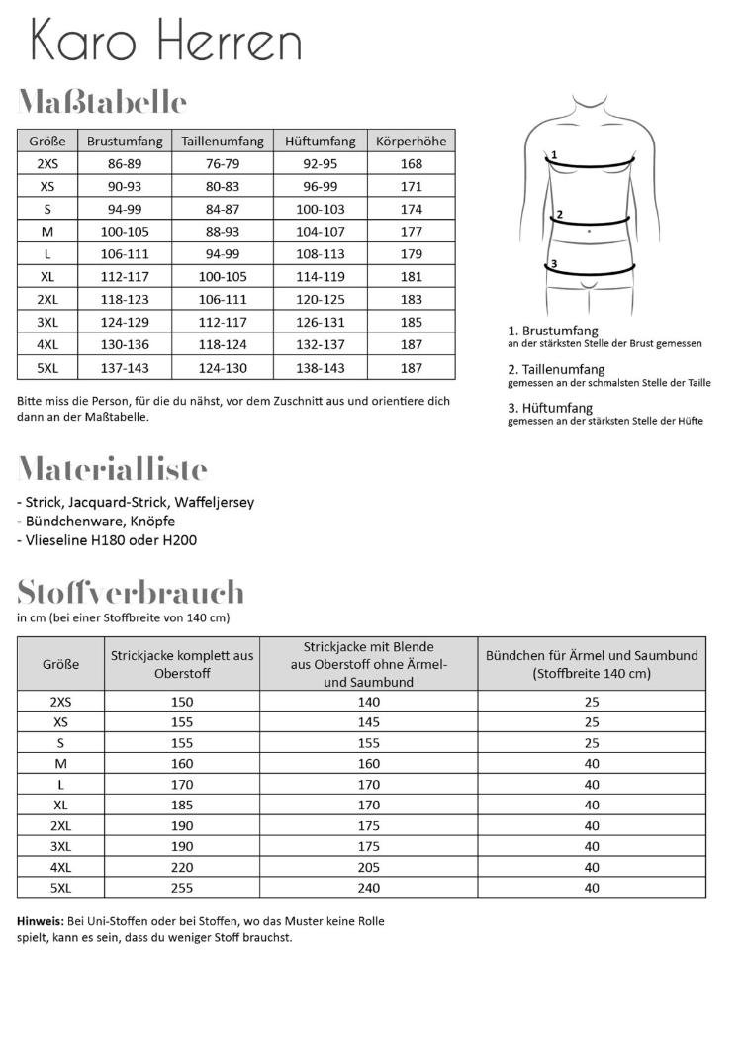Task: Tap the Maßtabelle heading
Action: (102, 102)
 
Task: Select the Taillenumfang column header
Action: (222, 141)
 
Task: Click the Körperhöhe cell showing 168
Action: (412, 164)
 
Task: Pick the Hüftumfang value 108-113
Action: (318, 254)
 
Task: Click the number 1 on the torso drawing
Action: (555, 155)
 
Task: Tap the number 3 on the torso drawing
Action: (555, 263)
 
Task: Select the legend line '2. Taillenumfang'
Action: (556, 369)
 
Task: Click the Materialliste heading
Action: (112, 468)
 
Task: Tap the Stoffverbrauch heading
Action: (131, 592)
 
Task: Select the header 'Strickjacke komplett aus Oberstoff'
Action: (182, 664)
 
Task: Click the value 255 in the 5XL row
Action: (182, 888)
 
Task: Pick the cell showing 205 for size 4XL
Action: (369, 867)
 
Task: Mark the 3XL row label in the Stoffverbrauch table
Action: (60, 846)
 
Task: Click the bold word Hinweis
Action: (42, 920)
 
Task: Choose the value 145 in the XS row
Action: (369, 722)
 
